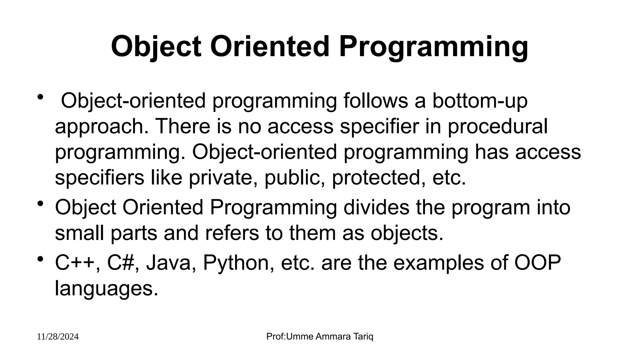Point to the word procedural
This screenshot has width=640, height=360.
point(497,126)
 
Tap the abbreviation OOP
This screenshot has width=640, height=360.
point(537,263)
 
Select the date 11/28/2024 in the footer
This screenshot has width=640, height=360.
point(58,337)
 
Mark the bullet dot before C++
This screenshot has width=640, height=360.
point(40,259)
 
